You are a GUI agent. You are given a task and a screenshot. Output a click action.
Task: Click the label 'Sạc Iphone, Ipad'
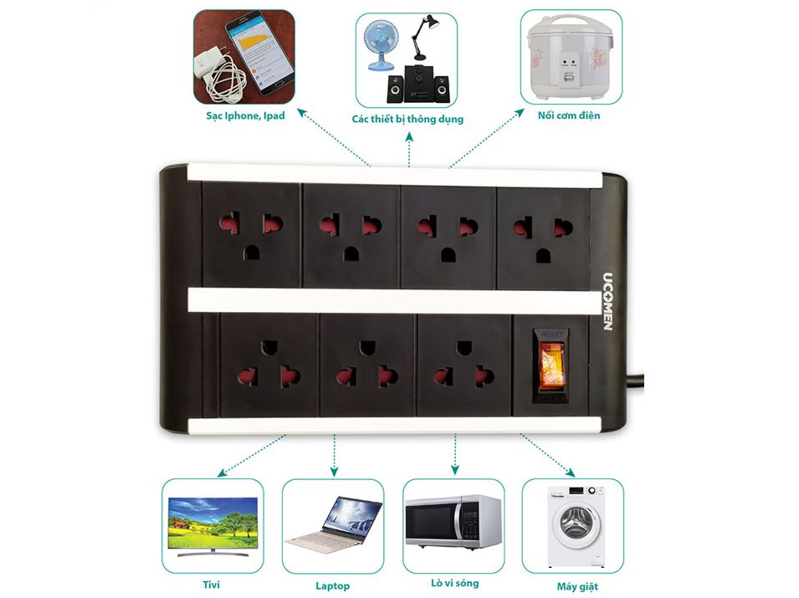pyautogui.click(x=246, y=115)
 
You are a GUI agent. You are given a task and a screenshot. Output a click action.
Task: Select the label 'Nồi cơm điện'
pyautogui.click(x=568, y=115)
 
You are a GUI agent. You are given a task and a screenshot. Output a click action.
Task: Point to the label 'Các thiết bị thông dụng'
pyautogui.click(x=407, y=120)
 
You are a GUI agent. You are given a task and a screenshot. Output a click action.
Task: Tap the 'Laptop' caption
pyautogui.click(x=332, y=585)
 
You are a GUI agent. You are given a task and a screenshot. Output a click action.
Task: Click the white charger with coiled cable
pyautogui.click(x=216, y=71)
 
